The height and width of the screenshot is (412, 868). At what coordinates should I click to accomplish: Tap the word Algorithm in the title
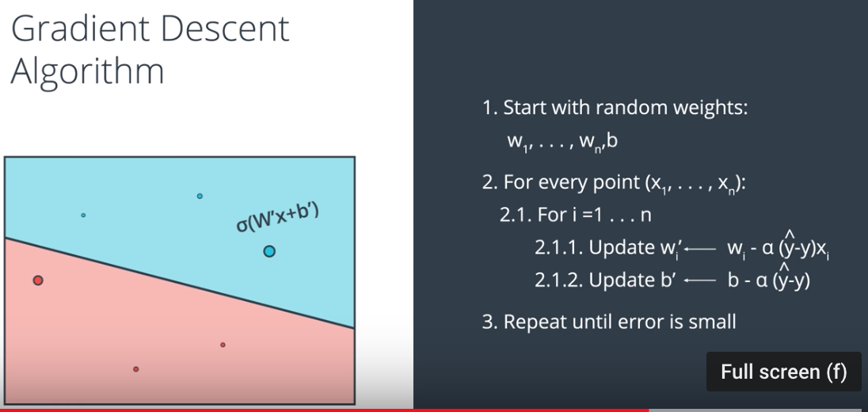coord(87,71)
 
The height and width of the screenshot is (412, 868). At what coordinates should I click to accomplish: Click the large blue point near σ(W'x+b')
coord(268,251)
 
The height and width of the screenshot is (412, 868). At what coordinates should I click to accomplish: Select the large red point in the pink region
coord(37,280)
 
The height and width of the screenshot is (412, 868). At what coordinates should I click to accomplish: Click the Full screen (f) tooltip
coord(783,372)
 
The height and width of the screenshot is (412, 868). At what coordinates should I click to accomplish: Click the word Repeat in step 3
coord(531,322)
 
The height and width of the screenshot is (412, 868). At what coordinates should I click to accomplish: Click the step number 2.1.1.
coord(558,247)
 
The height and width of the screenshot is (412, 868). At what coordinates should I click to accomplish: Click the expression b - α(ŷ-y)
coord(768,280)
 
